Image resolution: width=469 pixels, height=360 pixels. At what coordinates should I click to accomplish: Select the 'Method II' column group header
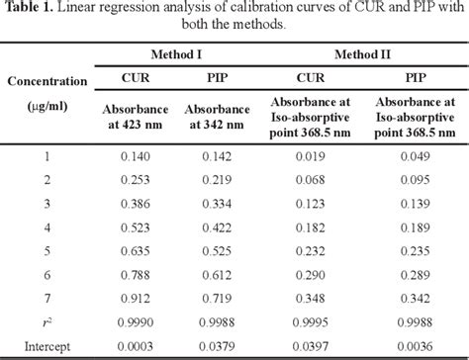[x=362, y=51]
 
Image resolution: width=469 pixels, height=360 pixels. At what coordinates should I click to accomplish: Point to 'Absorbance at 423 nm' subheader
[x=139, y=115]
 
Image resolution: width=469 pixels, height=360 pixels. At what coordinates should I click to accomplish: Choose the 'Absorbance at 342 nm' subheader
[x=226, y=115]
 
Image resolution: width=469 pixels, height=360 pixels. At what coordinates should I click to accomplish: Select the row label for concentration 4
[x=47, y=227]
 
